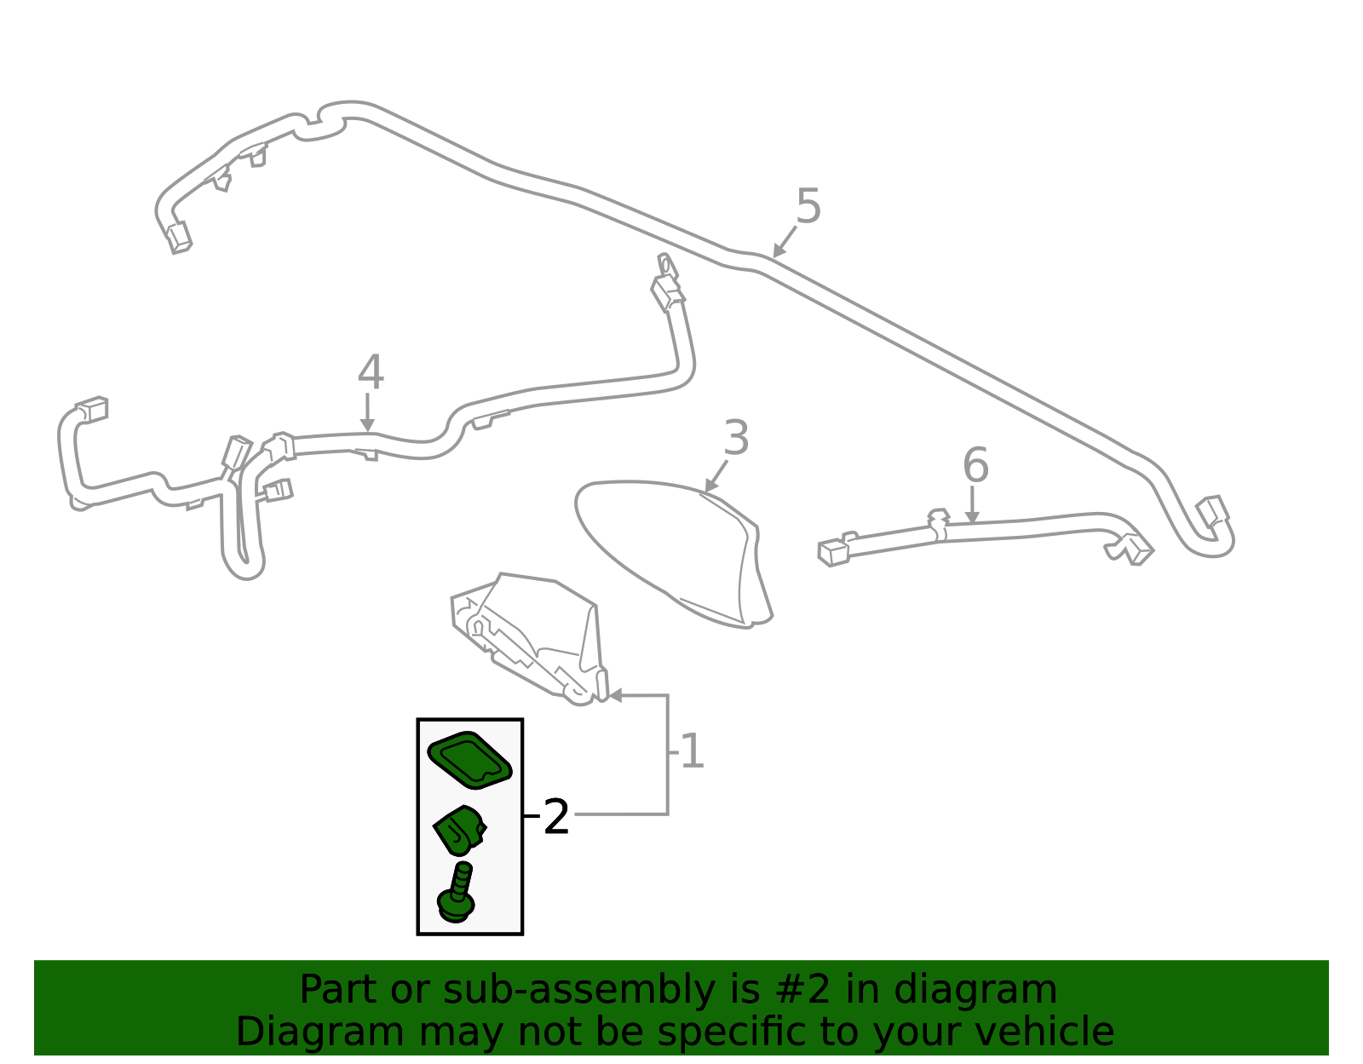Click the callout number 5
[x=808, y=207]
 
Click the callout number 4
[x=370, y=373]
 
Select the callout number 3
[x=735, y=439]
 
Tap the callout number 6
[x=975, y=466]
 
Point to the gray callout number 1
[x=692, y=752]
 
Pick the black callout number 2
[x=555, y=818]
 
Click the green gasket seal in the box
[x=469, y=758]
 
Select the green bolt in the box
[x=457, y=894]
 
